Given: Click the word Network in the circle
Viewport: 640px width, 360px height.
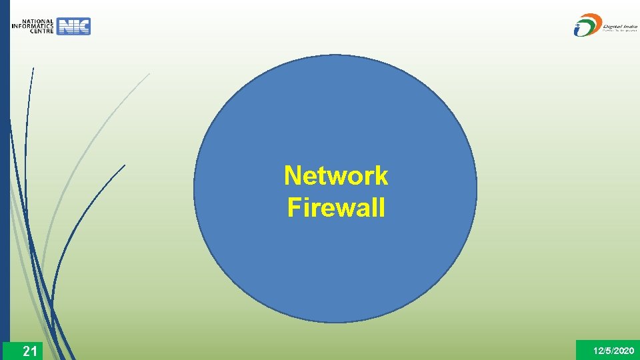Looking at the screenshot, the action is tap(335, 176).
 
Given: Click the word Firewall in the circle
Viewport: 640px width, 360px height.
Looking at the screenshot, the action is tap(336, 208).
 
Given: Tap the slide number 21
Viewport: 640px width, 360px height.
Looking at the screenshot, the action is tap(29, 351).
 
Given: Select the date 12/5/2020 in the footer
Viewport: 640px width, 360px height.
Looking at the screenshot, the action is tap(613, 351).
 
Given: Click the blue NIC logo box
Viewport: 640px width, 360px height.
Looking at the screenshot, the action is tap(74, 27).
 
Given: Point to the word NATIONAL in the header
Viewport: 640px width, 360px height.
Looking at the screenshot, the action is tap(37, 21).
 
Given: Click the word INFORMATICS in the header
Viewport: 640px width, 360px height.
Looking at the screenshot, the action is tap(33, 27).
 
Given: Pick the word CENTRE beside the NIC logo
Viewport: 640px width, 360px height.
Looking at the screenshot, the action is tap(41, 31).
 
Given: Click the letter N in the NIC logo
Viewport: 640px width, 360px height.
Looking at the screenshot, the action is tap(65, 27).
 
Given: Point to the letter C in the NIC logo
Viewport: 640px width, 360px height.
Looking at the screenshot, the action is tap(83, 27).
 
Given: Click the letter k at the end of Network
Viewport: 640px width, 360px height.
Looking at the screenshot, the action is tap(381, 176).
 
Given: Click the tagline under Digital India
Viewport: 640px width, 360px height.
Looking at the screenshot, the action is tap(620, 30).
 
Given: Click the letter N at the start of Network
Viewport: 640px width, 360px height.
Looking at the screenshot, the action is tap(291, 176).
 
